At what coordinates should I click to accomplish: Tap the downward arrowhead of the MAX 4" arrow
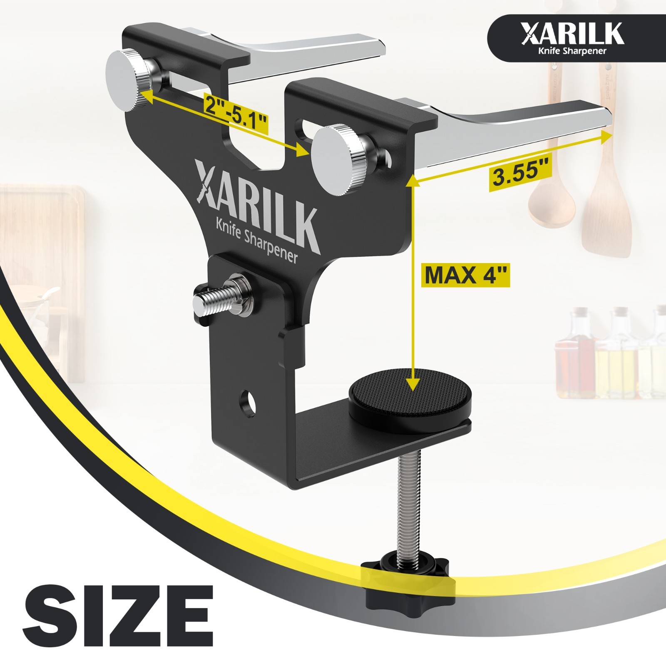[412, 385]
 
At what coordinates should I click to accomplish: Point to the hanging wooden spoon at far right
[606, 200]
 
